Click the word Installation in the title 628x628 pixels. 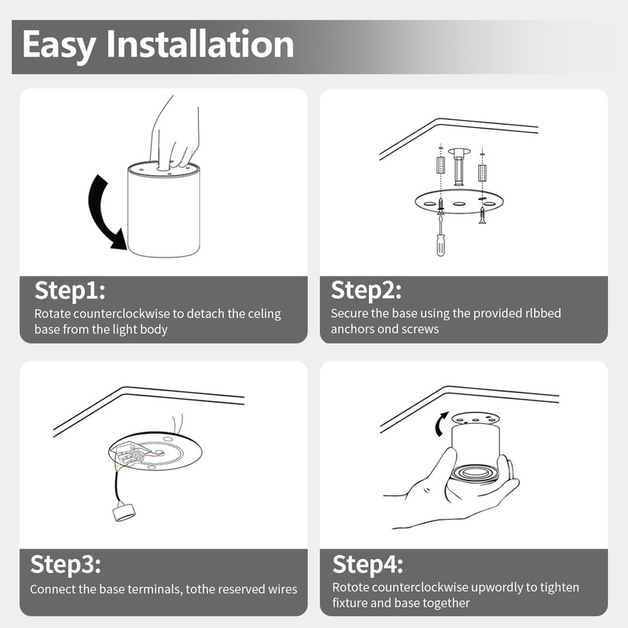point(200,44)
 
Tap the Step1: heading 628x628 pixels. point(70,290)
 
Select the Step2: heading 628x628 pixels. point(366,290)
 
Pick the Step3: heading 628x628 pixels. point(66,564)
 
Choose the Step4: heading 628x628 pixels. point(367,564)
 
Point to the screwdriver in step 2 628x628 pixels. point(440,236)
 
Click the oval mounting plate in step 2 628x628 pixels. point(459,203)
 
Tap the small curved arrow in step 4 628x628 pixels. point(440,425)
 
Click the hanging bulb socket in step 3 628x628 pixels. point(124,513)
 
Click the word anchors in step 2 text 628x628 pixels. point(351,329)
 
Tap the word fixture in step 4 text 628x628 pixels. point(349,603)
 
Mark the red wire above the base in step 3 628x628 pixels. point(181,422)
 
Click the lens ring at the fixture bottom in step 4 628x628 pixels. point(475,473)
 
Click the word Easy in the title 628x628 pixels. point(59,46)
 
